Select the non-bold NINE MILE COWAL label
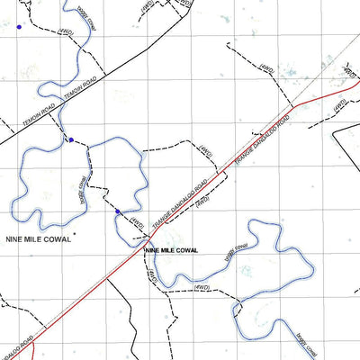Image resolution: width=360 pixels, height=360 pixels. tap(38, 239)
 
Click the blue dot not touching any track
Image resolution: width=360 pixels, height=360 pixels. tap(19, 28)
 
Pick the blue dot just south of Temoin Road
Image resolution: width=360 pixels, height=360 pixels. tap(71, 139)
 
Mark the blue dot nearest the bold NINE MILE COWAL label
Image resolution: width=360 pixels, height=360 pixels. tap(117, 211)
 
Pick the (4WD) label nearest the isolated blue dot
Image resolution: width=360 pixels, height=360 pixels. tap(65, 32)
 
